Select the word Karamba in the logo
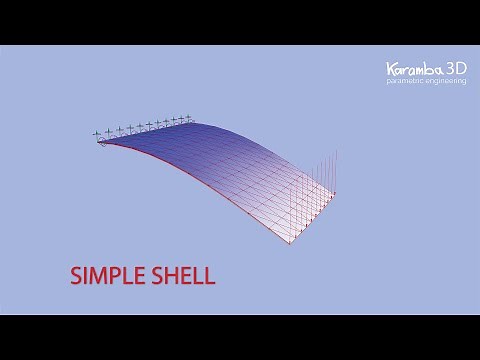pos(413,69)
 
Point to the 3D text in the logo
pos(456,68)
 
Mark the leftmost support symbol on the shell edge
pos(97,134)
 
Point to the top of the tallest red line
pos(337,149)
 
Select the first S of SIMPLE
pos(75,275)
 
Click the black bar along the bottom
pos(240,337)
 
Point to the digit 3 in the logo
pos(449,68)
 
